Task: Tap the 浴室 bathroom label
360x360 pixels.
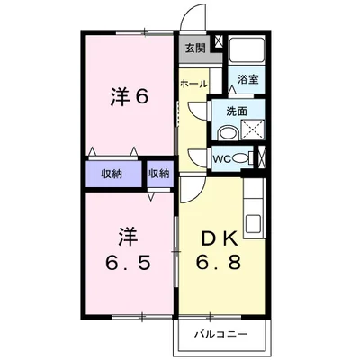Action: (x=247, y=80)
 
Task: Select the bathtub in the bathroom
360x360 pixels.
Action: (x=246, y=52)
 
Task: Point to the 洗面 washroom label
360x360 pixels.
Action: (x=237, y=112)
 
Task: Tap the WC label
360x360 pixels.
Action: (x=221, y=159)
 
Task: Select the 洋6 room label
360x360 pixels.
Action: (x=128, y=98)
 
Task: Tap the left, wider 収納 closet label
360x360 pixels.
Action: (x=112, y=173)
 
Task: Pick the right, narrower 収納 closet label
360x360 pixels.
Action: (x=158, y=173)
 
